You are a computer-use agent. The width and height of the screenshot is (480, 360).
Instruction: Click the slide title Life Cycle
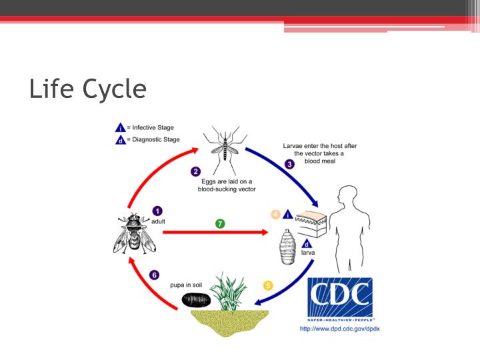87,88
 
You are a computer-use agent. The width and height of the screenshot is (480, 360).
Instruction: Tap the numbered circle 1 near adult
157,211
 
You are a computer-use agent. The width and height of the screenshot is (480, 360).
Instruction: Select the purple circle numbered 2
195,171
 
